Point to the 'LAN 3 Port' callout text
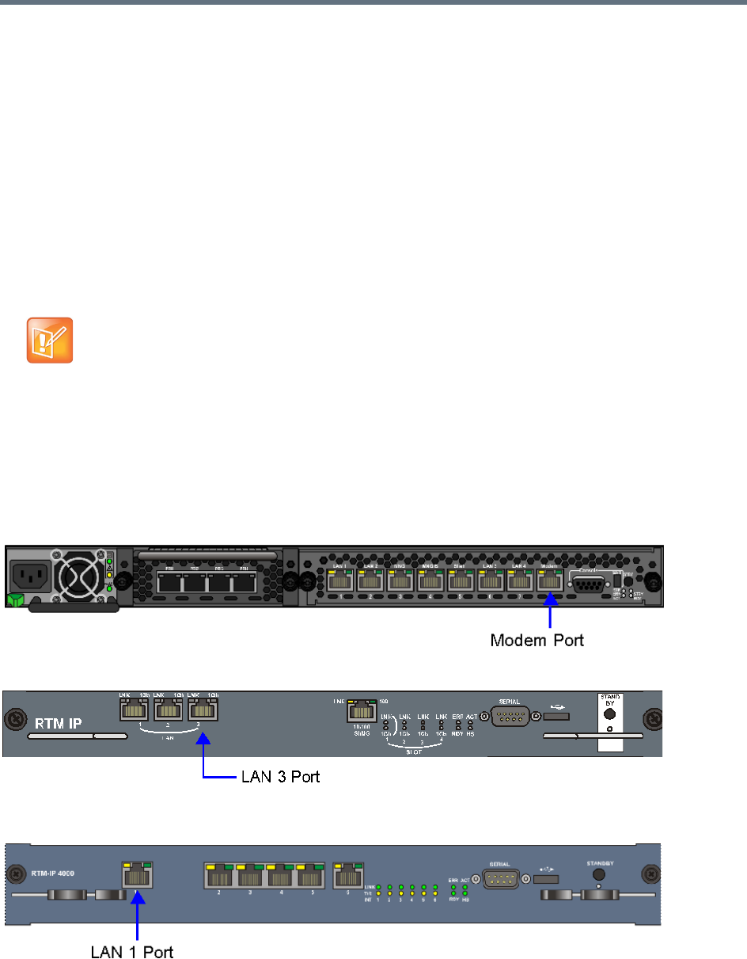pos(280,778)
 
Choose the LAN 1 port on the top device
pos(339,582)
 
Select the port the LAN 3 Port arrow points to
pos(203,712)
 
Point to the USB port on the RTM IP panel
pos(557,717)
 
